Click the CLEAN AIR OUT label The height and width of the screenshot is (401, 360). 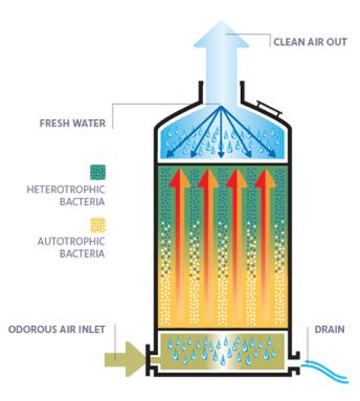coord(311,42)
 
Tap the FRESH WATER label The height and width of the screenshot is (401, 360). coord(72,123)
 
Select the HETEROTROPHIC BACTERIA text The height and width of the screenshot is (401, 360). coord(66,195)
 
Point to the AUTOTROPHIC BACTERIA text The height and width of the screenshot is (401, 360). coord(71,247)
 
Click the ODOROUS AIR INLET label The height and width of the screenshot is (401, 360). coord(56,329)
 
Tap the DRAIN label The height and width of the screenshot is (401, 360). coord(330,329)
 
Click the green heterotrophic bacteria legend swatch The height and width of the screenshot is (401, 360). coord(98,172)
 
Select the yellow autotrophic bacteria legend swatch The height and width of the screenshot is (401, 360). coord(98,225)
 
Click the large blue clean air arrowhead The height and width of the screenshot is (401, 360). coord(221,34)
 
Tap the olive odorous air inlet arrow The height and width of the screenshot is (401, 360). coord(125,359)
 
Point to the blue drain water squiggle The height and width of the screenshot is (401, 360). coord(325,372)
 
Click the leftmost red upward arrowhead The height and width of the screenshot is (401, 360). coord(180,178)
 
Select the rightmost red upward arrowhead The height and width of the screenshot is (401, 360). coord(266,178)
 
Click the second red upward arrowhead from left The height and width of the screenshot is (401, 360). coord(208,178)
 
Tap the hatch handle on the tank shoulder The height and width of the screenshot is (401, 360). coord(269,108)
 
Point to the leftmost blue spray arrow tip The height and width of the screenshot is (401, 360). coord(169,155)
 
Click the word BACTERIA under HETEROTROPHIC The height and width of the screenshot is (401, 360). coord(82,201)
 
